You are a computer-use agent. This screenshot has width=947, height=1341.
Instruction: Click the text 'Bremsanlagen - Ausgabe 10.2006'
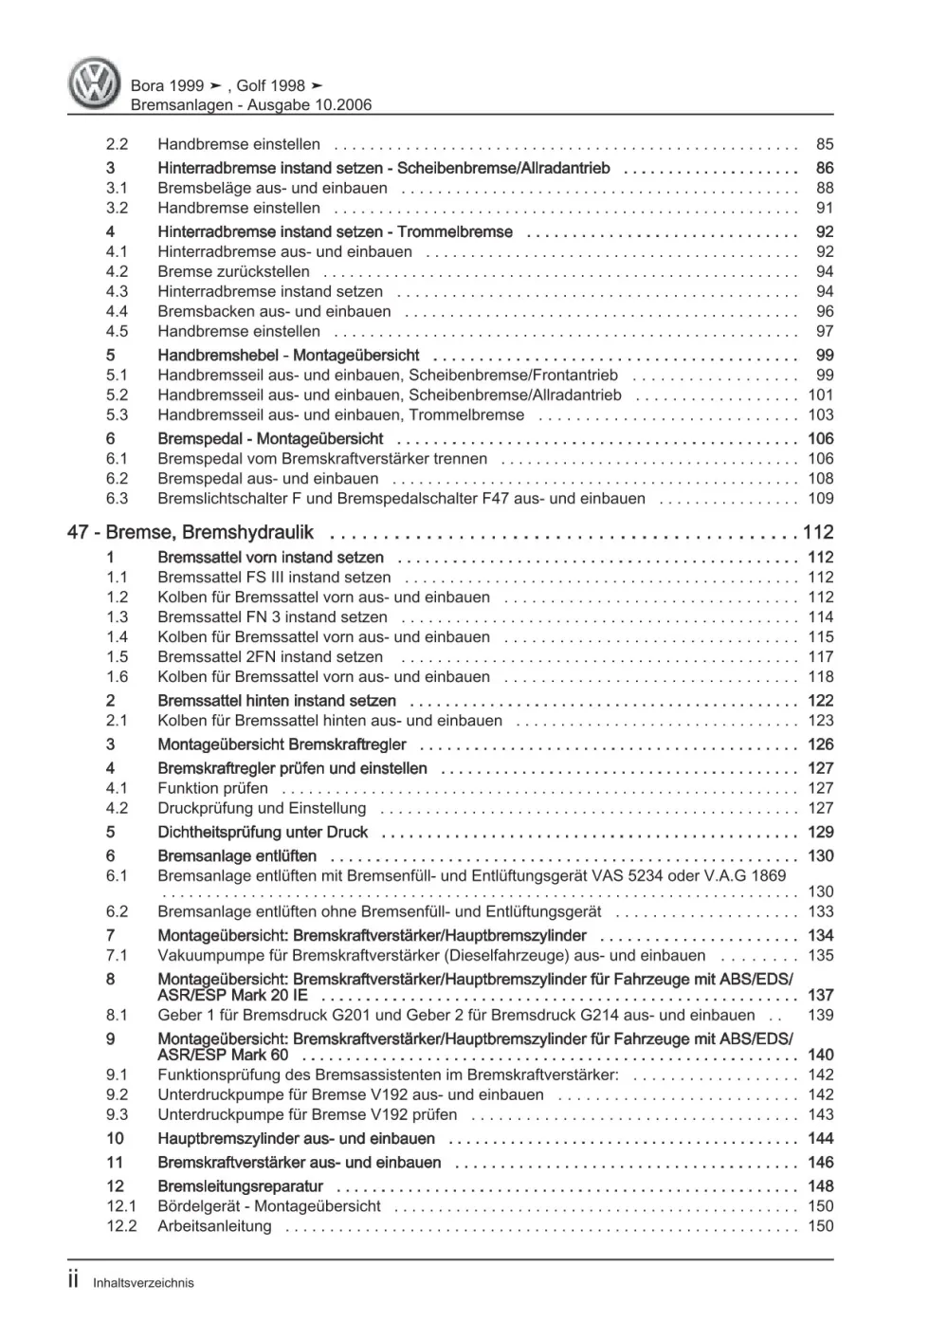point(250,105)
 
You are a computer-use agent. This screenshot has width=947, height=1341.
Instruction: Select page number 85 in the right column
point(824,145)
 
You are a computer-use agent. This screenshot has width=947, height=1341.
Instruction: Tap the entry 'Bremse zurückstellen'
point(233,272)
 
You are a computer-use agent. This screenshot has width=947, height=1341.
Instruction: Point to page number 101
point(820,395)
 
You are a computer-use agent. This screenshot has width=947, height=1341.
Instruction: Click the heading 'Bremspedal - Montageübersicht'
point(270,439)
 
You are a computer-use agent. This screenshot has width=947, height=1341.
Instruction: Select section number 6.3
point(117,499)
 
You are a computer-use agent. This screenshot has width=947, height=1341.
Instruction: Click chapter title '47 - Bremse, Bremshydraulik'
point(191,533)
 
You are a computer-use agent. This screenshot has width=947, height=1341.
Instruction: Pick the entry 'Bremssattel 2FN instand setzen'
point(270,657)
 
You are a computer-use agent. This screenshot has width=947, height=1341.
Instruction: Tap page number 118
point(820,677)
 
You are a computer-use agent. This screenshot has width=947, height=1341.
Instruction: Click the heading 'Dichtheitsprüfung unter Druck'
point(263,833)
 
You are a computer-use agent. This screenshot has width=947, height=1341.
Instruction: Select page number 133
point(820,912)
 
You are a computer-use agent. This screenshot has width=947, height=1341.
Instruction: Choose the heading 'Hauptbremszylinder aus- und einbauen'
point(296,1139)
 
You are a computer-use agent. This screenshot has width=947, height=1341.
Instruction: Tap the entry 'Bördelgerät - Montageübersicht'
point(269,1206)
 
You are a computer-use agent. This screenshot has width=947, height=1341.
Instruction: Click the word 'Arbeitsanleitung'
point(214,1226)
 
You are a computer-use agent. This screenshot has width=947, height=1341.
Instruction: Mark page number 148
point(820,1186)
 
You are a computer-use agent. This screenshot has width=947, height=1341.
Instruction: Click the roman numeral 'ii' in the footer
point(75,1281)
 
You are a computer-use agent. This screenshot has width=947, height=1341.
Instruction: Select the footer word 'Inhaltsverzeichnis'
point(143,1283)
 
